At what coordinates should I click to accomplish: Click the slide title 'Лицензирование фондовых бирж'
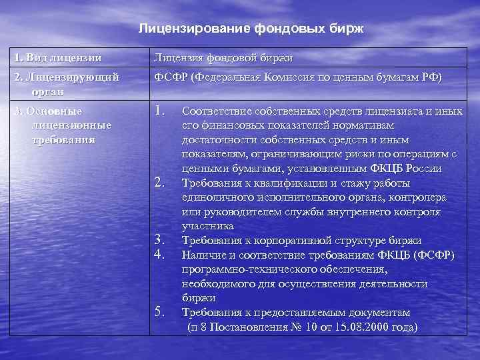[252, 29]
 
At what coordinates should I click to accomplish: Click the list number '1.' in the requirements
[160, 109]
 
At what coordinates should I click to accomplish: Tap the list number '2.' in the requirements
[160, 182]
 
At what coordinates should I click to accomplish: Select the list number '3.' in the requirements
[160, 239]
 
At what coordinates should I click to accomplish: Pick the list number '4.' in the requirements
[160, 253]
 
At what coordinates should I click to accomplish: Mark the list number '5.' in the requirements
[160, 311]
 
